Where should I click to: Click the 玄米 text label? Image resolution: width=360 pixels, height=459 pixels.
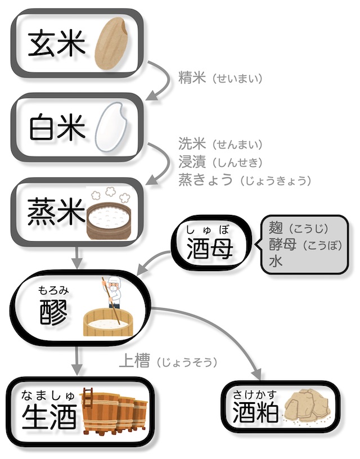coord(56,44)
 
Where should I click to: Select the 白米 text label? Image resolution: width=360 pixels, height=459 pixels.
coord(57,128)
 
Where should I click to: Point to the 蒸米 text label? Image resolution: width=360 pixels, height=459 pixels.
coord(56,211)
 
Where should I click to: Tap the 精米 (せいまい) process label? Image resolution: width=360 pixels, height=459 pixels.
coord(220,78)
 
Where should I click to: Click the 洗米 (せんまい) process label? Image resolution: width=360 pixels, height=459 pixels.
coord(220,144)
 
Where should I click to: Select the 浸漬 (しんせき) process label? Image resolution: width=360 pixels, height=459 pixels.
coord(220,162)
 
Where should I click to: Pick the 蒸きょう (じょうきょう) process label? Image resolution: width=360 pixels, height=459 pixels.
coord(245,180)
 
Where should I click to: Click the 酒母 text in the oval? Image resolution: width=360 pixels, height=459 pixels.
coord(210,247)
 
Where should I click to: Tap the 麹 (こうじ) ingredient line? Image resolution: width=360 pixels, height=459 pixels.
coord(299,228)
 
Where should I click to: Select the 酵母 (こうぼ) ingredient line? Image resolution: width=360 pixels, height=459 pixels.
coord(305,245)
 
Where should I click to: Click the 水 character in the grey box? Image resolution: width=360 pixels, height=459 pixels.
coord(276,261)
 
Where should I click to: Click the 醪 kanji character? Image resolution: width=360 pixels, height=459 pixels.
coord(53,312)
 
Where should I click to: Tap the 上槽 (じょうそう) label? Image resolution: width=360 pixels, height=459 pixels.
coord(168,361)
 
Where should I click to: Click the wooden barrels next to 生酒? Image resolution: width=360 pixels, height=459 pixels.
coord(114,411)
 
